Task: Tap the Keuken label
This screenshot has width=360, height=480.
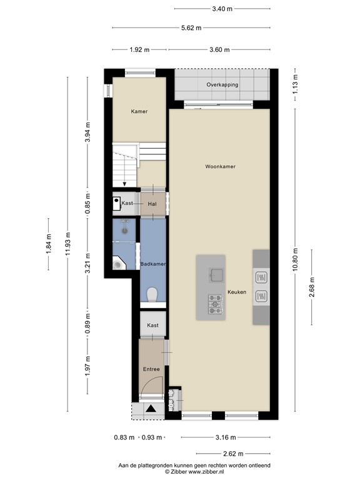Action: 237,292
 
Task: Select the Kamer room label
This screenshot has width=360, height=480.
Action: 139,111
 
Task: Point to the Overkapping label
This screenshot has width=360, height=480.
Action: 222,84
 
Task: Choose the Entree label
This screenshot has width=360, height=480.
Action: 151,369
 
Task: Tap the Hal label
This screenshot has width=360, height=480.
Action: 152,204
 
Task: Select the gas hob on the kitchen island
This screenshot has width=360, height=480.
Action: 215,304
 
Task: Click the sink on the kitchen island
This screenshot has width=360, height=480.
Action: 216,274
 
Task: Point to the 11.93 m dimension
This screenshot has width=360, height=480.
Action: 69,243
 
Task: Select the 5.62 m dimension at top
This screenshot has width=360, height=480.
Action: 191,27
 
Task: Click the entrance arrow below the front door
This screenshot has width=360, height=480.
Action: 151,409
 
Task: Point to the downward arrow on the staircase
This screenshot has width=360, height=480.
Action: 125,183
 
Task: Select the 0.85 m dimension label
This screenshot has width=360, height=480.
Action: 87,204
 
